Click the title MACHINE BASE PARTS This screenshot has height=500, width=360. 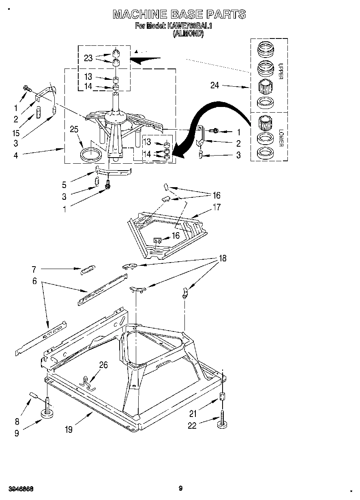point(179,15)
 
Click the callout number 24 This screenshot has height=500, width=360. point(215,85)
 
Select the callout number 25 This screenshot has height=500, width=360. point(74,130)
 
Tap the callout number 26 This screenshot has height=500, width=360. point(104,365)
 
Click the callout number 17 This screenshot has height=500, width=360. point(216,207)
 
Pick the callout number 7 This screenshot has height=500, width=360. point(34,269)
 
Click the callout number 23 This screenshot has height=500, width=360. point(88,58)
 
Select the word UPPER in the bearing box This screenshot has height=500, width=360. point(281,71)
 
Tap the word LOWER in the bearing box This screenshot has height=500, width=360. point(281,138)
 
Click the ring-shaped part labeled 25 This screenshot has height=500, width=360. point(91,155)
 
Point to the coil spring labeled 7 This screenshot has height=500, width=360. point(88,269)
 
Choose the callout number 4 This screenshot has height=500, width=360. point(16,155)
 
